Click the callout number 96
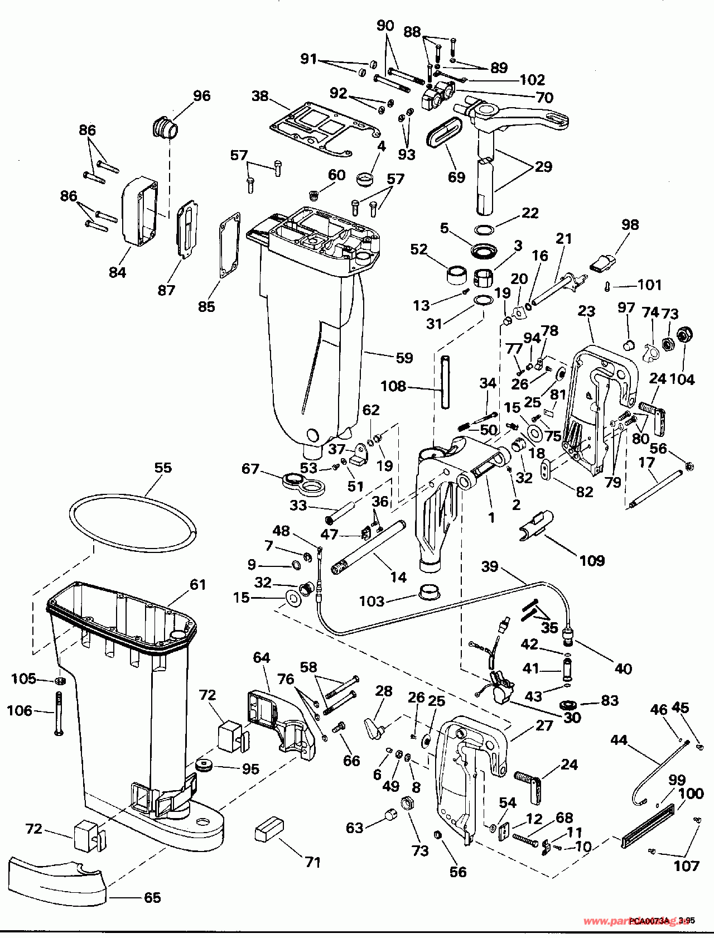point(202,96)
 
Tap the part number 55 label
point(163,468)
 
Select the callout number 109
point(592,560)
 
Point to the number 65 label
point(152,897)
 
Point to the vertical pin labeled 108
point(444,383)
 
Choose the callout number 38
point(260,96)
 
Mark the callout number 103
point(372,600)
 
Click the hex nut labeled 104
point(683,335)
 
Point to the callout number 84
point(117,273)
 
